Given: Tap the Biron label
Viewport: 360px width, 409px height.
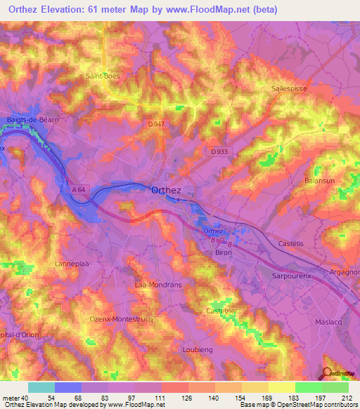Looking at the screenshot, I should pos(223,252).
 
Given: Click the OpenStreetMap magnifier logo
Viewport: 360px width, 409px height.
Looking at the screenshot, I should pos(328,372).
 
